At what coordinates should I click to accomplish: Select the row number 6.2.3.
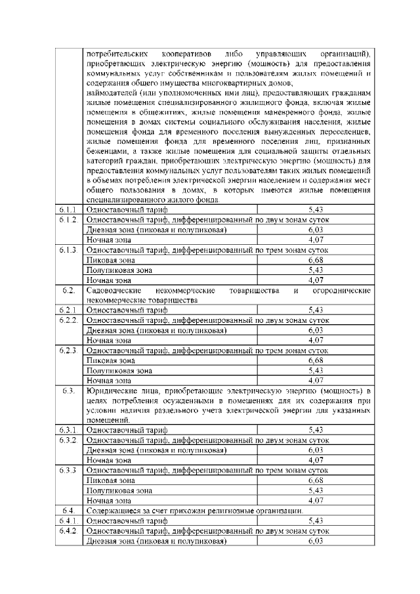(69, 350)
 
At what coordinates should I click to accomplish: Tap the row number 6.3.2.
(69, 440)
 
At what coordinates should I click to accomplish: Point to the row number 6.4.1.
(69, 520)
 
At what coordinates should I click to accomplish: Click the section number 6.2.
(68, 290)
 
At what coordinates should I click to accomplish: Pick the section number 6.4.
(68, 510)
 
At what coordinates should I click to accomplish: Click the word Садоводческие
(115, 290)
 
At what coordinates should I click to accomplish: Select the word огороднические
(342, 290)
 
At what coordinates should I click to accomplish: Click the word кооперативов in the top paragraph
(181, 52)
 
